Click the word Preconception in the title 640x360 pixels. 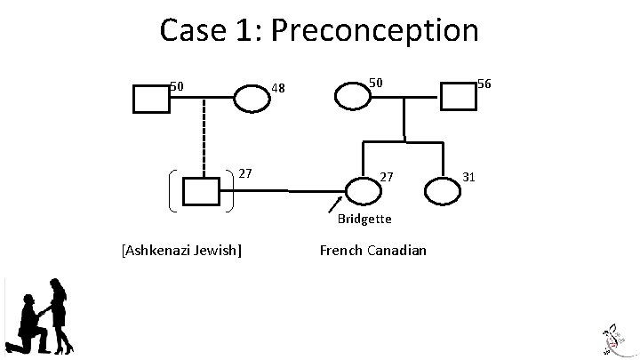[x=374, y=30]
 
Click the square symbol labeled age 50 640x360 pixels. [x=151, y=99]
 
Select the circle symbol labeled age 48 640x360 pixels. [x=252, y=99]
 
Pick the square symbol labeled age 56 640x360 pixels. [x=459, y=95]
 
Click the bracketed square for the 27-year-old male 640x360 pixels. [x=201, y=192]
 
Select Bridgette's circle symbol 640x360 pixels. [x=363, y=189]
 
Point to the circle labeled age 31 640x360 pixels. [x=442, y=190]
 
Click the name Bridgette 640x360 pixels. [x=364, y=219]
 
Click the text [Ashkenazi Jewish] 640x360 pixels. [x=180, y=250]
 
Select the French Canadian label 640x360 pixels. [x=372, y=250]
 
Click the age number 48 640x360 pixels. [x=278, y=88]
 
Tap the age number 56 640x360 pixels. [x=484, y=84]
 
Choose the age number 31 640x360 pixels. [x=469, y=177]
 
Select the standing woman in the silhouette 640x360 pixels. [x=60, y=316]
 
